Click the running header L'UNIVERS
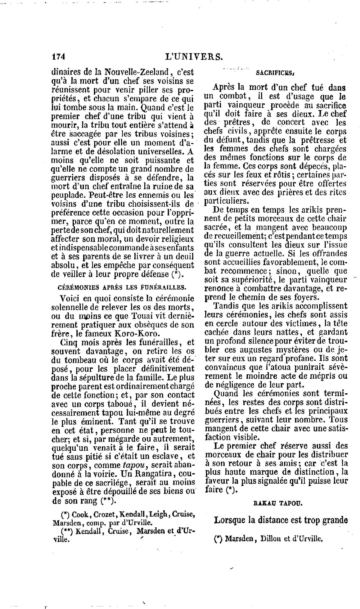pos(194,57)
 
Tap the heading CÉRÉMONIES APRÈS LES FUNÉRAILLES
pos(122,287)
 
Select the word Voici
pos(71,298)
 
